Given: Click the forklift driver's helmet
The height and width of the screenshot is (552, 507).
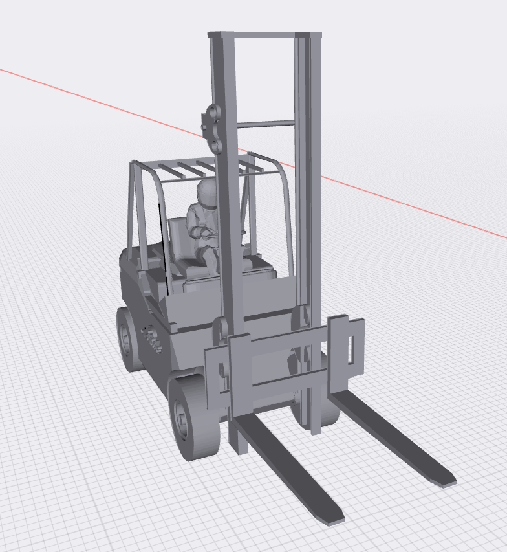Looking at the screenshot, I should [x=208, y=192].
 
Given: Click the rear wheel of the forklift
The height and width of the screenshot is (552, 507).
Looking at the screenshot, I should [x=130, y=340].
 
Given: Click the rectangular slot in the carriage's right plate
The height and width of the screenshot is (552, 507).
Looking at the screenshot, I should [x=351, y=350].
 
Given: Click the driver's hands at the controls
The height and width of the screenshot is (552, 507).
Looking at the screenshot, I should [x=206, y=232].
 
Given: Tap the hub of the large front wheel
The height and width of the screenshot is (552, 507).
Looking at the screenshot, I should [x=181, y=420].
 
